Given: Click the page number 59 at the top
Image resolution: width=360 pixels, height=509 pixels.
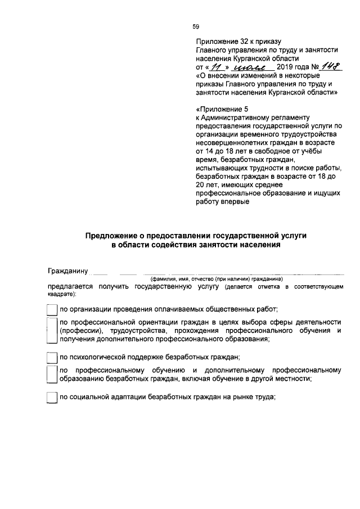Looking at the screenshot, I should tap(196, 26).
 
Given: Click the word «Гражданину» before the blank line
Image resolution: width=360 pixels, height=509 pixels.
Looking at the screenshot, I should tap(68, 271).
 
